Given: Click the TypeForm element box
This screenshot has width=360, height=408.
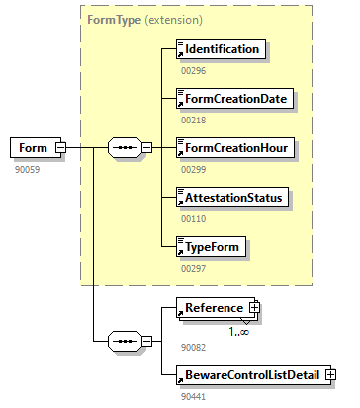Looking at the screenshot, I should [210, 247].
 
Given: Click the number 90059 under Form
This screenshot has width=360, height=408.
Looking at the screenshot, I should [26, 169].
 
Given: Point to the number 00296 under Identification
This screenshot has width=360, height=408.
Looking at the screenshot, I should [193, 70].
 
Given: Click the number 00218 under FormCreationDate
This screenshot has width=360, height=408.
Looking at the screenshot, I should [193, 120].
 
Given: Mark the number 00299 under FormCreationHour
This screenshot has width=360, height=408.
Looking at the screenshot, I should [193, 169].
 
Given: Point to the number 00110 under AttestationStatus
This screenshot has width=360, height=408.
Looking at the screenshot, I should [193, 218].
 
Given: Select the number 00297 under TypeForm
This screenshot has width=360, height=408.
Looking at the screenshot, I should [193, 268].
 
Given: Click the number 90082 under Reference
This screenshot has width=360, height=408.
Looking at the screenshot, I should [193, 347].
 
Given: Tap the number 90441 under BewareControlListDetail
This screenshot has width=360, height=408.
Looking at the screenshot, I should [193, 396].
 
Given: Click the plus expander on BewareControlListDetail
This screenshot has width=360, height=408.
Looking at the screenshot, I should [330, 375].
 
